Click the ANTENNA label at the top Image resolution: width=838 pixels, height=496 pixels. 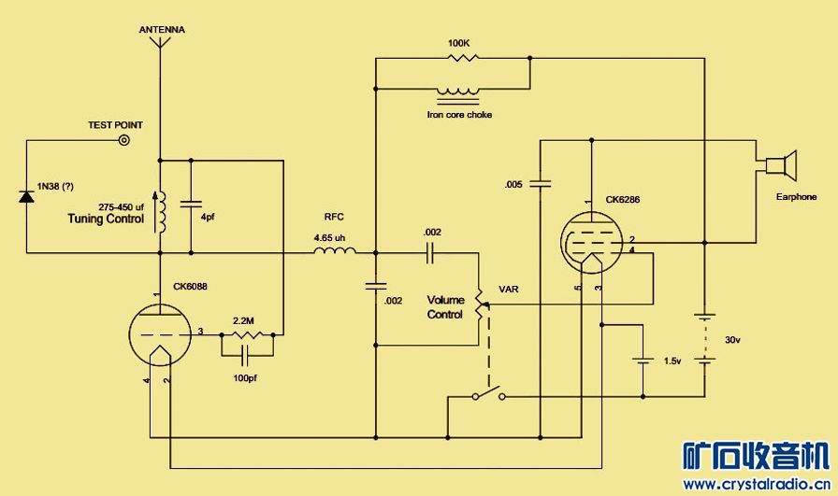(x=162, y=30)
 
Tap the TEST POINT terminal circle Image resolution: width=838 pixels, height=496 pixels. (x=123, y=141)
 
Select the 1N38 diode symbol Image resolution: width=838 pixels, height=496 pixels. (x=27, y=196)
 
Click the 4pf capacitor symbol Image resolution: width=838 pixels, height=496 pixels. (x=191, y=204)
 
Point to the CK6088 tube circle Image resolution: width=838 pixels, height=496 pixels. (x=159, y=332)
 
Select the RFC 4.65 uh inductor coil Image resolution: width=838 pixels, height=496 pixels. (x=334, y=251)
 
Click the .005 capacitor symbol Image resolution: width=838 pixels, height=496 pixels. (x=542, y=183)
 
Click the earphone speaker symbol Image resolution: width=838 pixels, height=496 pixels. (x=779, y=166)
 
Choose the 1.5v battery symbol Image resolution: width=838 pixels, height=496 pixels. (x=643, y=360)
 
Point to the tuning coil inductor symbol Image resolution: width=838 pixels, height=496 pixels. (x=161, y=212)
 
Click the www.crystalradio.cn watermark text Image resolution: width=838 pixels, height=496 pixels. (x=758, y=484)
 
